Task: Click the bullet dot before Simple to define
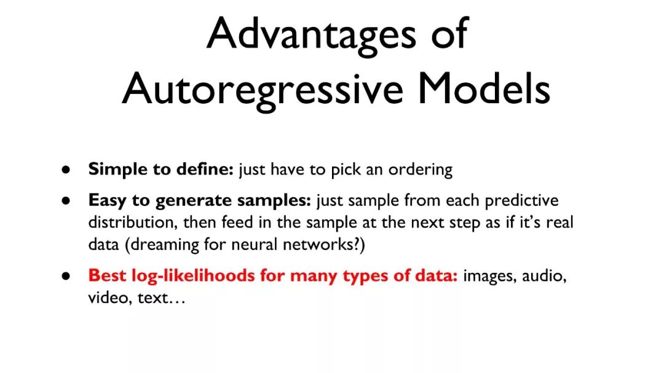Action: click(x=66, y=170)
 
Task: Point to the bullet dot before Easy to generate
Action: click(x=66, y=201)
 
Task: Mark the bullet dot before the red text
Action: click(x=66, y=276)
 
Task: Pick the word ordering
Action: click(x=421, y=170)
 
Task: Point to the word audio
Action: click(x=544, y=276)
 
